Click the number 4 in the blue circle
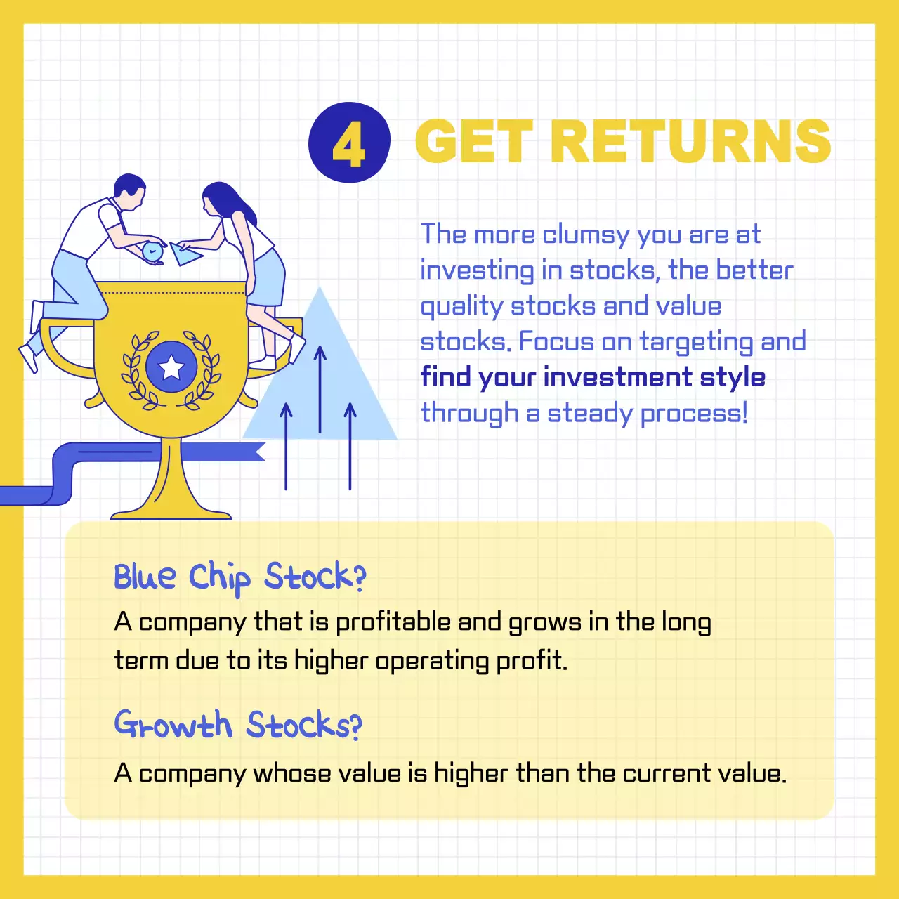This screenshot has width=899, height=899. pos(349,143)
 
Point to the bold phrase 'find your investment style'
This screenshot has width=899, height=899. pos(593,377)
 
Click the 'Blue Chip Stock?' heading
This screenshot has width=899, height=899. pos(239,577)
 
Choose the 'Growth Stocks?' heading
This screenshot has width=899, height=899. pos(238,725)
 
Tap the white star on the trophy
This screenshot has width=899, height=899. pos(171,367)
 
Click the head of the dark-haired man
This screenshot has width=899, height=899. pos(129,190)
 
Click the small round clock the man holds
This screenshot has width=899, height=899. pos(152,251)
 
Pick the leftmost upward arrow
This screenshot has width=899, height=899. pos(286,446)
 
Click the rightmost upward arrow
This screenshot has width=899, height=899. pos(350,446)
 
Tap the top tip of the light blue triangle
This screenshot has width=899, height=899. pos(320,289)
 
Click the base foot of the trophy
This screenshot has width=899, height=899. pos(171,511)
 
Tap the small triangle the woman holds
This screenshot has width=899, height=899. pos(186,252)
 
